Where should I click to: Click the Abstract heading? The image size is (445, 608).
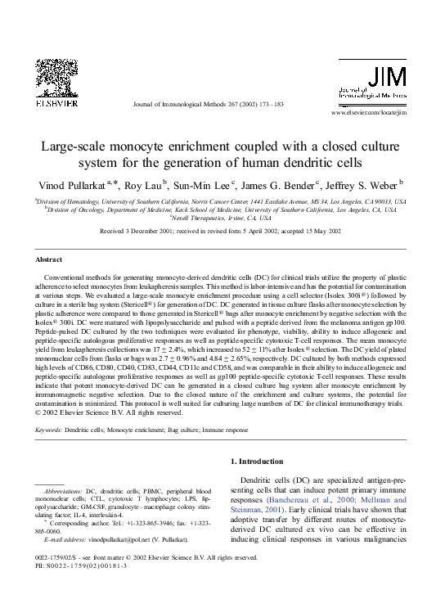coord(48,259)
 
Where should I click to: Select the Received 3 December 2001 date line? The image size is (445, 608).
coord(221,232)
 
